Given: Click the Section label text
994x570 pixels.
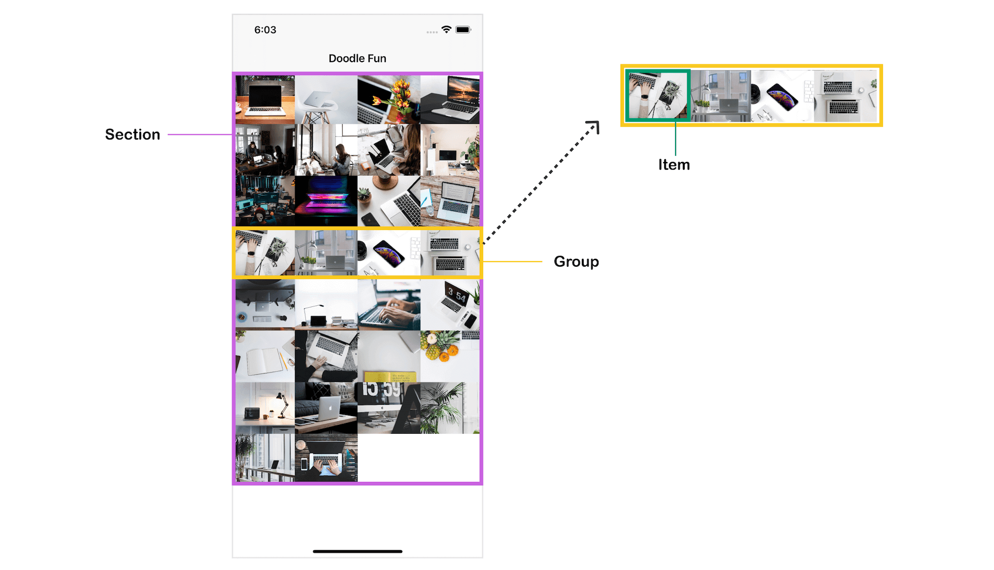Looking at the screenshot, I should [133, 135].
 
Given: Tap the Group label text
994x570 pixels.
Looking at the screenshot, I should [576, 262].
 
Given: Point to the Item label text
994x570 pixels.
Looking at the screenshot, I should [674, 165].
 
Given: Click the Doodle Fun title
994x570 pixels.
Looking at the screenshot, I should [357, 59].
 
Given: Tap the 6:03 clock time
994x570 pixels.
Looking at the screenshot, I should [265, 30].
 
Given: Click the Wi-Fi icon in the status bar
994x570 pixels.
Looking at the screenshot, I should [446, 30].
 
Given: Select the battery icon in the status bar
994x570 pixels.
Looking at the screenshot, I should [463, 30].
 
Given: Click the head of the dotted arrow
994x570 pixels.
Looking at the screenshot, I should [595, 125].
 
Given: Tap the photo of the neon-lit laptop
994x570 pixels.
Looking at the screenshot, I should [326, 201].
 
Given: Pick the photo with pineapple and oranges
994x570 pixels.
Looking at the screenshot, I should [450, 356].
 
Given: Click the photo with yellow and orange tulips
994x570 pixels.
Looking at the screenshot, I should [389, 99].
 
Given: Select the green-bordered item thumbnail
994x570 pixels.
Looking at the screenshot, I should [657, 96].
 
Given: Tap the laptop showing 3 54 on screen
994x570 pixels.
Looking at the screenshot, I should [450, 304].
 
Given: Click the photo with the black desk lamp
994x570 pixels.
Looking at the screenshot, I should [265, 408].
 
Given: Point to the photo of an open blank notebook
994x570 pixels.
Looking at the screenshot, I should [265, 356].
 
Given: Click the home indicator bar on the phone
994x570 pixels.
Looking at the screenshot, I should [357, 551].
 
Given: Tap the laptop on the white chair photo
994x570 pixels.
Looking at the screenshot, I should [326, 99].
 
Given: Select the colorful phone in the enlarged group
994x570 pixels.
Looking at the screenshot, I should [782, 97].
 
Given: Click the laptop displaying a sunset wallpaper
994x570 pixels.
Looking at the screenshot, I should [450, 99].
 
